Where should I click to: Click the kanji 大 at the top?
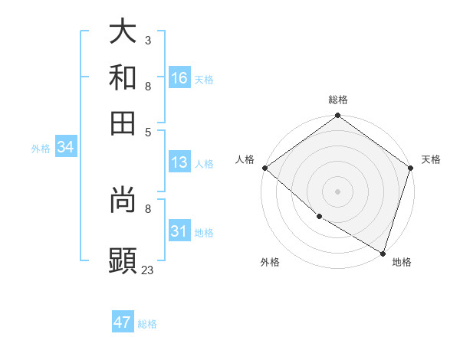(123, 31)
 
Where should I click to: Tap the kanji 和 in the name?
(123, 77)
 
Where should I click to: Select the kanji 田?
(123, 123)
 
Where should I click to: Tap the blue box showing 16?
(179, 77)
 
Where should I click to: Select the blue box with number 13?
(179, 162)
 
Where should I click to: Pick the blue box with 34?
(65, 148)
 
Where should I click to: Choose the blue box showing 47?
(123, 322)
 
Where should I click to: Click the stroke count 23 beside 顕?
(148, 270)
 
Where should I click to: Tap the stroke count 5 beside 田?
(147, 132)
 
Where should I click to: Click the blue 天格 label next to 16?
(204, 79)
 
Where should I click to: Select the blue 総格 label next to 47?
(147, 324)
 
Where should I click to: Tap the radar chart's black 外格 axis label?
(270, 262)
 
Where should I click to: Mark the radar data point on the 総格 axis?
(337, 116)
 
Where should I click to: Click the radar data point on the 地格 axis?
(383, 252)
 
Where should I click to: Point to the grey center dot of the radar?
(337, 191)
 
